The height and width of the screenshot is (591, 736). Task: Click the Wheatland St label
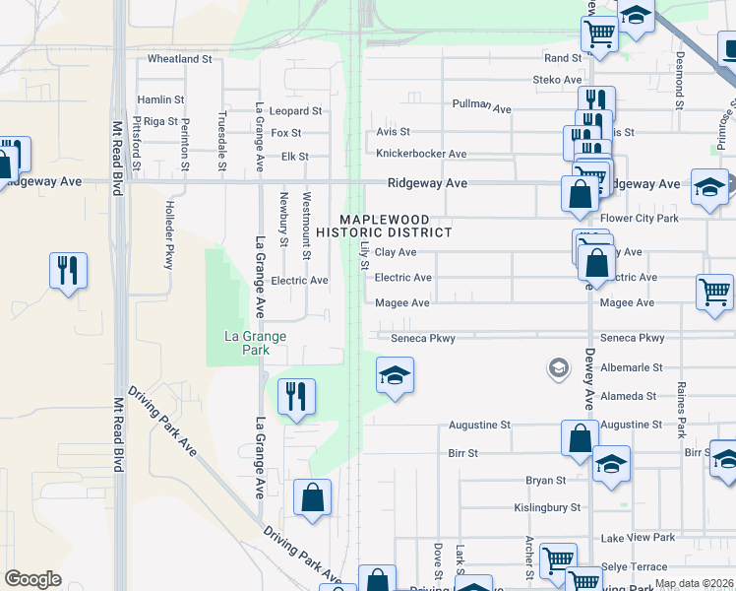point(180,59)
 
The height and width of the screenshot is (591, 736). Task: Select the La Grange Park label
point(255,343)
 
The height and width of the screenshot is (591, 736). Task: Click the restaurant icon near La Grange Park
point(296,397)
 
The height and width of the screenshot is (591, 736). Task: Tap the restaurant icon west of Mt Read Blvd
point(68,270)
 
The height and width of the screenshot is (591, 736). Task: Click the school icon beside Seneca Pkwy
point(395,375)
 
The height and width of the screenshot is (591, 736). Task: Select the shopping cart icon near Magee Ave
point(714,292)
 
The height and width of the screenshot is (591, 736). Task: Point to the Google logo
point(32,579)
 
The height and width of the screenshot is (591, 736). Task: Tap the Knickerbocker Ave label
point(421,154)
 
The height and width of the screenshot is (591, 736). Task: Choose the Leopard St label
point(296,111)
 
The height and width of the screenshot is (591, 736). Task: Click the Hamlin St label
point(161,99)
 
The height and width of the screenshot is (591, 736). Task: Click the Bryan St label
point(546,481)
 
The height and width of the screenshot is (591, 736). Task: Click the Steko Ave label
point(557,79)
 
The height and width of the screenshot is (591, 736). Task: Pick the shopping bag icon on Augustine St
point(580,438)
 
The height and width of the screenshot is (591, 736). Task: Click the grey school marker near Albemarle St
point(558,368)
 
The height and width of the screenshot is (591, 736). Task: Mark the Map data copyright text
point(694,583)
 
